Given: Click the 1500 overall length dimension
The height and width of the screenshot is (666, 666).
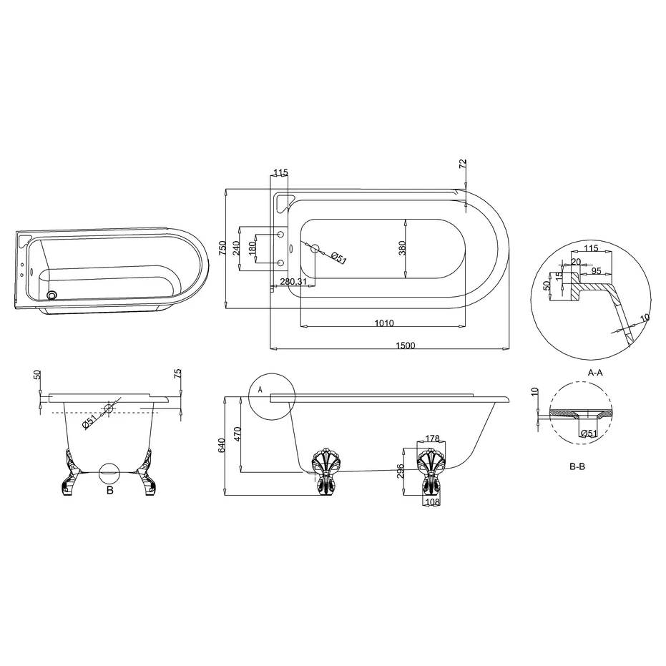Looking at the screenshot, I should [405, 345].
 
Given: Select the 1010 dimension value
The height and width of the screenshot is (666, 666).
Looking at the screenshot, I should [384, 323].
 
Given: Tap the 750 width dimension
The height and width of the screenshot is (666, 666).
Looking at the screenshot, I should [222, 248].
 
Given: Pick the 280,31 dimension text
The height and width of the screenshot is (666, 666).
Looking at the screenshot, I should [293, 281].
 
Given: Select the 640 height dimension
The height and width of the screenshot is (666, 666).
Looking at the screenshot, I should [222, 446].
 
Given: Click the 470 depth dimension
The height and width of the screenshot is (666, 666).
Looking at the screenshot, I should [237, 434].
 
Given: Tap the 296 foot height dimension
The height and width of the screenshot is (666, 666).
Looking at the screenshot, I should [401, 471].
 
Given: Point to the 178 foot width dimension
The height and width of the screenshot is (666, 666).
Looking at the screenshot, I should [431, 439].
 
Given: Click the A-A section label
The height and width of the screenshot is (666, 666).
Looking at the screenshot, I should [594, 373].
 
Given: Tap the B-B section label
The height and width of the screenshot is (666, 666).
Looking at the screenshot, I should [577, 466].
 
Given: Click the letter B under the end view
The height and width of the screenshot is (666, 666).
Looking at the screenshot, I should [109, 491].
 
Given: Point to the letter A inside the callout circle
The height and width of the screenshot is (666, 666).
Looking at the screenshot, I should [260, 389].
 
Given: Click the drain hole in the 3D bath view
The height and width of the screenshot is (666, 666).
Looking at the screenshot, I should [52, 294].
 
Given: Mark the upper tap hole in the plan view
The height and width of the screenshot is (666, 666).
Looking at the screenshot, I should [280, 235].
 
